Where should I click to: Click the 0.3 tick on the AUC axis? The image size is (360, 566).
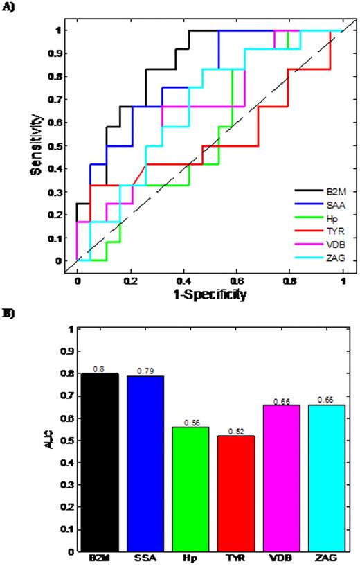point(67,485)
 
